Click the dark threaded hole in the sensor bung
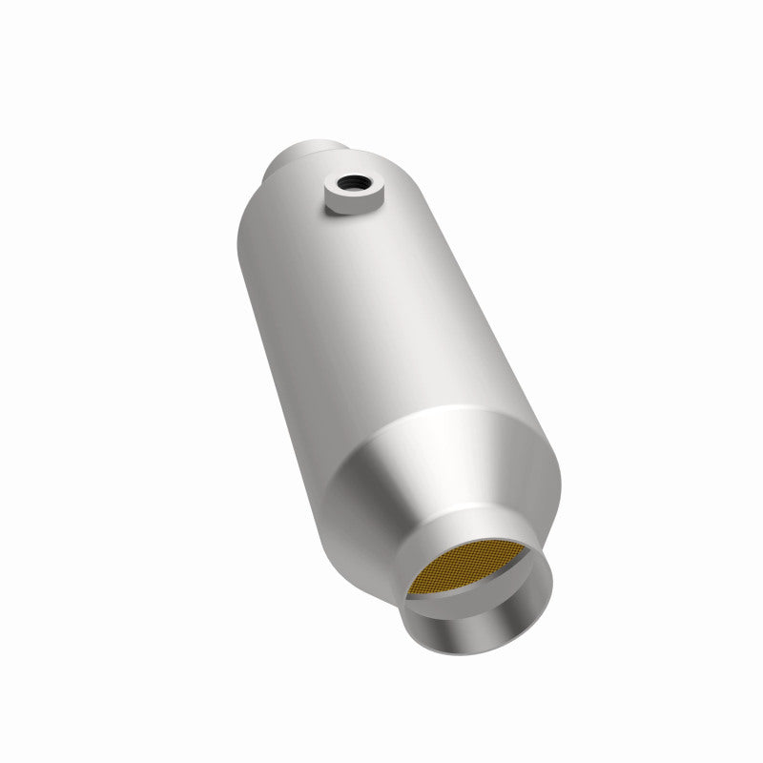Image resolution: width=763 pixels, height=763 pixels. (x=352, y=178)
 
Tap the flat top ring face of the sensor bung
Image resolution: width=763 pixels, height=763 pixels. (x=339, y=182)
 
